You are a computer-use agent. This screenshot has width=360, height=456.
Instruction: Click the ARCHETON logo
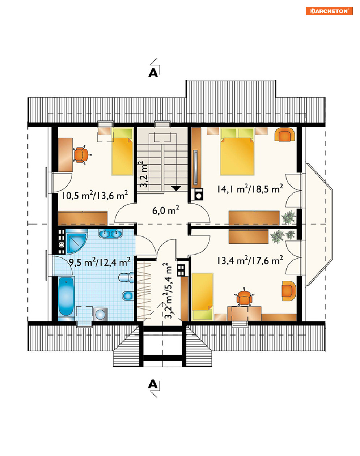(x=329, y=11)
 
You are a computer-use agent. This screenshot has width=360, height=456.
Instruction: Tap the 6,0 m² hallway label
(x=166, y=210)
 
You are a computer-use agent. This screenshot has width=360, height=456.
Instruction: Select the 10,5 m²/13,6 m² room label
(x=95, y=195)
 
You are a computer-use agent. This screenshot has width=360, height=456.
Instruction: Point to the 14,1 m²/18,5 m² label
(x=250, y=189)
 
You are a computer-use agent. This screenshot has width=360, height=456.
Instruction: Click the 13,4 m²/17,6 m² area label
(x=250, y=260)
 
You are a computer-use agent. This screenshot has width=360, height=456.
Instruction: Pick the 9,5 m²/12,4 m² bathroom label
(x=99, y=262)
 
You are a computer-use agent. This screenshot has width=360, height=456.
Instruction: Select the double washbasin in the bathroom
(x=110, y=234)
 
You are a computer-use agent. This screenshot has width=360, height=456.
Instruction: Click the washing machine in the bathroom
(x=100, y=315)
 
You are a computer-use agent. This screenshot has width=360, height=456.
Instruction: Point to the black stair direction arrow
(x=176, y=188)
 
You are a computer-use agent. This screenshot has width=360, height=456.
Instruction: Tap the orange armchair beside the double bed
(x=285, y=135)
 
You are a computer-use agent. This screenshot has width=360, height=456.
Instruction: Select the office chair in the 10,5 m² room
(x=82, y=155)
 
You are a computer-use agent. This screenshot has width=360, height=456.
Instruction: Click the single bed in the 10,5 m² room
(x=122, y=152)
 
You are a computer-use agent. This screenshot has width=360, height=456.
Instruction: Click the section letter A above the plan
(x=153, y=73)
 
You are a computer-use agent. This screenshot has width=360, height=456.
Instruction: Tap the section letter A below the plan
(x=153, y=384)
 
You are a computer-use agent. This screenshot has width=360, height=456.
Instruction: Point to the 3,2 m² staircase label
(x=143, y=174)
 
